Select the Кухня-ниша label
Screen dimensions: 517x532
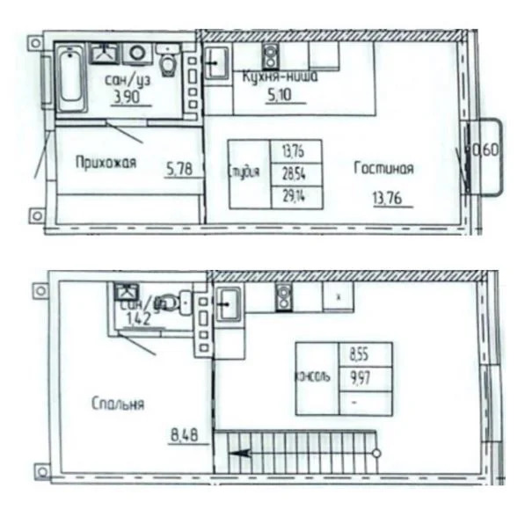pyautogui.click(x=280, y=77)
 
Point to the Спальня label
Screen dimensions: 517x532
pyautogui.click(x=117, y=404)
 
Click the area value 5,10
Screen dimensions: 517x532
pyautogui.click(x=281, y=98)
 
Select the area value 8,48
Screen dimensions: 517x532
pyautogui.click(x=185, y=432)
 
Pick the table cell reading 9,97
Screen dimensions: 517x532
pyautogui.click(x=360, y=377)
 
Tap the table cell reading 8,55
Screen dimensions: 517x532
pyautogui.click(x=360, y=355)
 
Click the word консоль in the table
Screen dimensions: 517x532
pyautogui.click(x=315, y=377)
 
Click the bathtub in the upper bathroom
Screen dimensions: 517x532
pyautogui.click(x=68, y=81)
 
